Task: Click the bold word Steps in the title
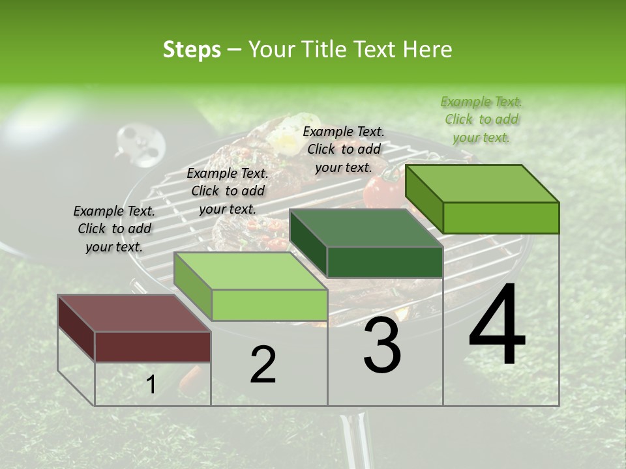click(x=192, y=50)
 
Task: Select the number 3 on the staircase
click(x=382, y=347)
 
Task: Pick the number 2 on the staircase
click(x=263, y=365)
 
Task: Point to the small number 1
click(x=151, y=385)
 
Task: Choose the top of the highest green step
click(x=483, y=184)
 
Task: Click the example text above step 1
click(x=114, y=229)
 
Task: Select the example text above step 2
click(x=228, y=191)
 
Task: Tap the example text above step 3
click(x=344, y=149)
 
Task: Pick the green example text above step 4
click(x=481, y=119)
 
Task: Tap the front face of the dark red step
click(x=153, y=346)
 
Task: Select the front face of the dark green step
click(x=385, y=262)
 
